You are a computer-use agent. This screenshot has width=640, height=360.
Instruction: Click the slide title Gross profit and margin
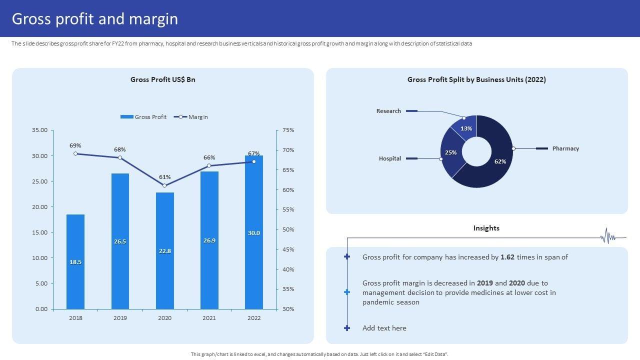click(x=95, y=19)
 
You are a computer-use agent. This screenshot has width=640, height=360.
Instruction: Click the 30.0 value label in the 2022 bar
click(x=254, y=232)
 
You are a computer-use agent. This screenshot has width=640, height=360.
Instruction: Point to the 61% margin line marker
click(x=164, y=185)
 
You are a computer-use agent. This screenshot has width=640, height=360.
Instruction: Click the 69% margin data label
click(x=75, y=145)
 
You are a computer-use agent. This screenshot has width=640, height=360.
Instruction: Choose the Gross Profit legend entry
click(x=144, y=117)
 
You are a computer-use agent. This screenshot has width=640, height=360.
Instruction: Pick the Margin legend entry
click(x=191, y=117)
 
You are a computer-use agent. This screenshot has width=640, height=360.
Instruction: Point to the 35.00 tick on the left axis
click(x=39, y=130)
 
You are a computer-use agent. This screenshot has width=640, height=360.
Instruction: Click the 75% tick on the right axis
click(x=288, y=130)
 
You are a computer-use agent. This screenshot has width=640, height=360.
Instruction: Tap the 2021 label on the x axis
click(x=209, y=318)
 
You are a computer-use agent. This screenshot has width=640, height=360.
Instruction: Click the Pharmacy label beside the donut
click(x=565, y=148)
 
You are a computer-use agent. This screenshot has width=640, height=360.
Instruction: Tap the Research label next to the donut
click(x=388, y=111)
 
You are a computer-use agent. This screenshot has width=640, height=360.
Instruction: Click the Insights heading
click(x=486, y=228)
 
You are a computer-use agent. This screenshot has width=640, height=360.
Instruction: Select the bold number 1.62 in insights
click(x=507, y=257)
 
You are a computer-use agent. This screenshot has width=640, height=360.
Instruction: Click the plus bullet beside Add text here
click(x=347, y=328)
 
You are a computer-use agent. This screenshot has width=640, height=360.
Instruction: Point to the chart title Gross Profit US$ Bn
click(x=163, y=79)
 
